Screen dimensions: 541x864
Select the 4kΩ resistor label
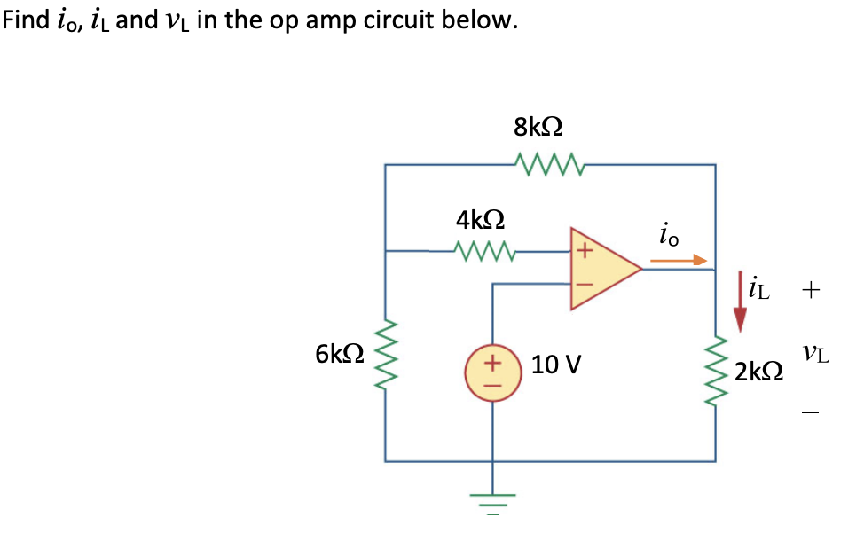click(480, 218)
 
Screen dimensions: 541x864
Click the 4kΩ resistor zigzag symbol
click(483, 251)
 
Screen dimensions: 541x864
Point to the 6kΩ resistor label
click(339, 354)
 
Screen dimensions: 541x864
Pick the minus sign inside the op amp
click(583, 285)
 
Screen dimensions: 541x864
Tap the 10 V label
click(556, 365)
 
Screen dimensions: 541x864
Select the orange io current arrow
click(679, 261)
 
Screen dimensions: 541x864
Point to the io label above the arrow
click(669, 234)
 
